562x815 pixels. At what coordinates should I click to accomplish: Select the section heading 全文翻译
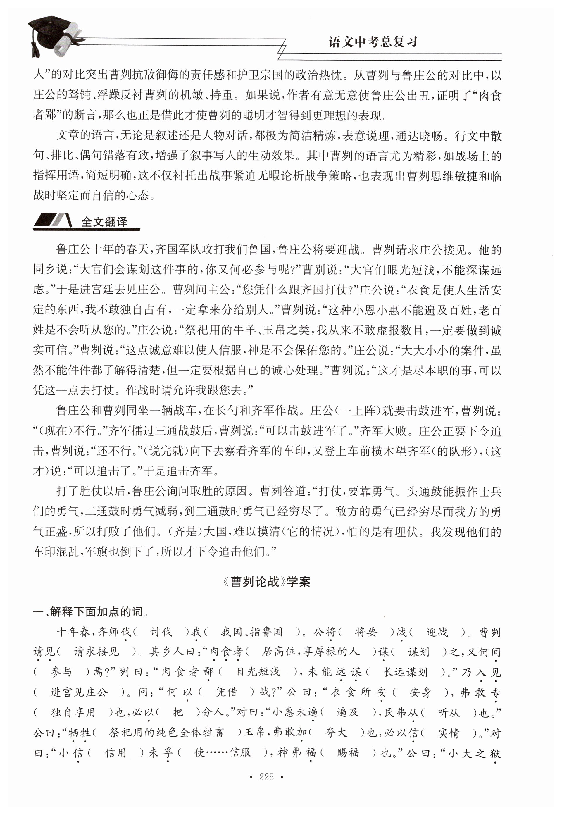pos(104,222)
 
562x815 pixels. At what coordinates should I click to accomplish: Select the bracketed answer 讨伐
pos(161,632)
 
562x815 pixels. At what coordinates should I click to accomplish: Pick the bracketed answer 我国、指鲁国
pos(252,632)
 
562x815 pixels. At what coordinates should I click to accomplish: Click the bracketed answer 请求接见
pos(96,652)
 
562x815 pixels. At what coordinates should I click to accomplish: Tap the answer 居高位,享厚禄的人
pos(311,652)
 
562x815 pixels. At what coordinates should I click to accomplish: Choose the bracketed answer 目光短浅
pos(258,672)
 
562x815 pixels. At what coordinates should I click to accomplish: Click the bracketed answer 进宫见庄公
pos(79,692)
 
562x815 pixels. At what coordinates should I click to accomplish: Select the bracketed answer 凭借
pos(226,692)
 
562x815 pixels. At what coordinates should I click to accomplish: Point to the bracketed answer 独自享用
pos(73,712)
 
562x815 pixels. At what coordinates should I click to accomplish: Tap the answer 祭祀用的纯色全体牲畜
pos(167,733)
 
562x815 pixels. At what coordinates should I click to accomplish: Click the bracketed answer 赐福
pos(348,753)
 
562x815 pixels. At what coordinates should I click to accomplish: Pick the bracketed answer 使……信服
pos(223,753)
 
